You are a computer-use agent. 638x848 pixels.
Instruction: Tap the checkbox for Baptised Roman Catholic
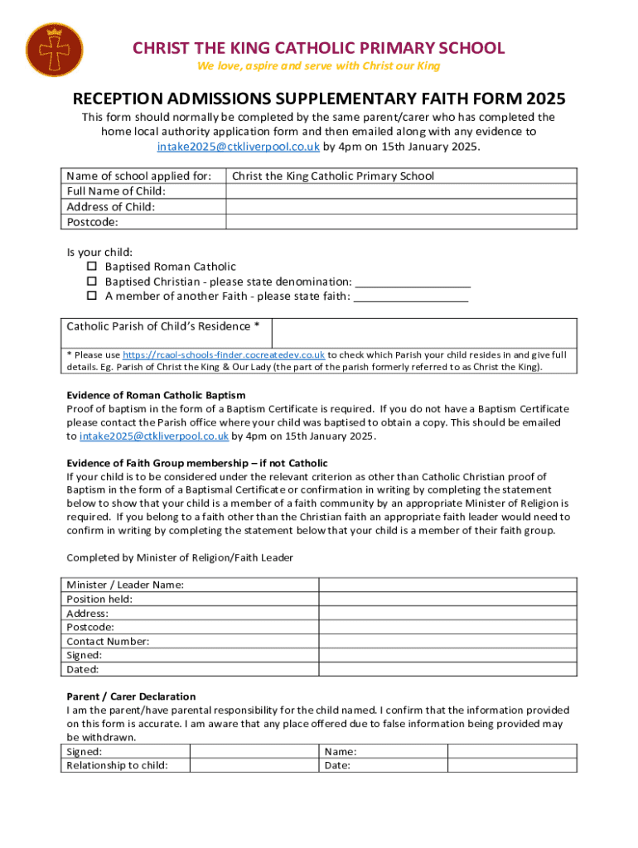pos(92,267)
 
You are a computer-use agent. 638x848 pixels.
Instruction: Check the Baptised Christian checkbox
pos(92,282)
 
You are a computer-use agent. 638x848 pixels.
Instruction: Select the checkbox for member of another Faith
pos(92,296)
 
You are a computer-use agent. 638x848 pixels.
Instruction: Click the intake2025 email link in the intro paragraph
pos(239,147)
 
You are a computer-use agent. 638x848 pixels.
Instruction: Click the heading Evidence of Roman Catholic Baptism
pos(156,395)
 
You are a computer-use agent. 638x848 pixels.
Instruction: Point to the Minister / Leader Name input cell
pos(448,585)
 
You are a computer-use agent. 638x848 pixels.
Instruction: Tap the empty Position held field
pos(448,599)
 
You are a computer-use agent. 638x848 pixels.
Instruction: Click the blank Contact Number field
pos(448,641)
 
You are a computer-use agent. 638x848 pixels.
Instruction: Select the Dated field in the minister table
pos(448,669)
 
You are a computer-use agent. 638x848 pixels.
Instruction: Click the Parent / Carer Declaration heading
pos(131,696)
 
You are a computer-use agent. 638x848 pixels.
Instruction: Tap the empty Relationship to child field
pos(254,765)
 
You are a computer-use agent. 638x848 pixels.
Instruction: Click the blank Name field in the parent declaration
pos(512,751)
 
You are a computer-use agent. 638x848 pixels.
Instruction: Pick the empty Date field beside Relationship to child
pos(512,765)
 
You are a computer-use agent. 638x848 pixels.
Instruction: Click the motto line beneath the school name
pos(318,66)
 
